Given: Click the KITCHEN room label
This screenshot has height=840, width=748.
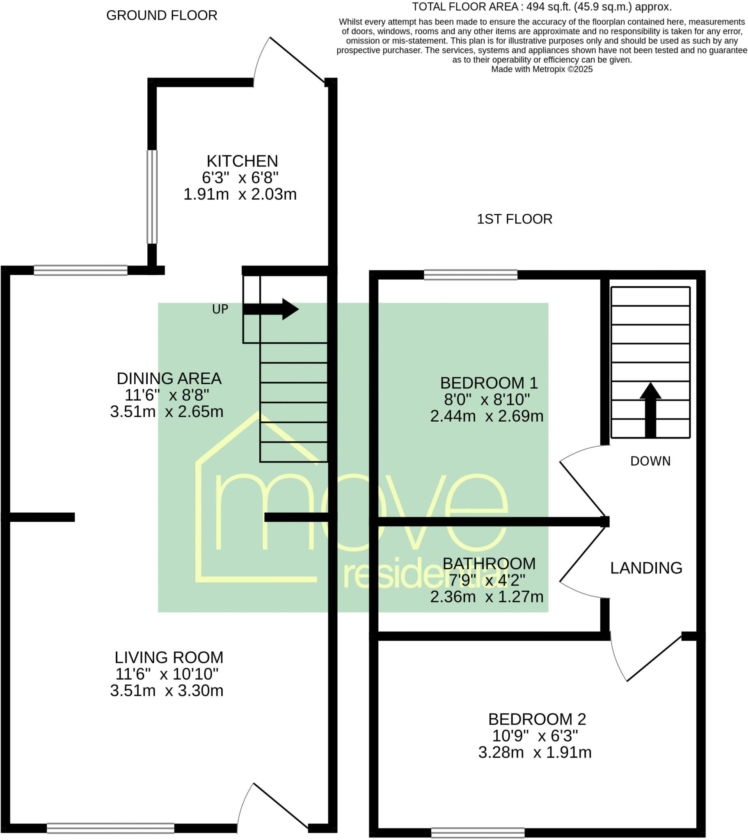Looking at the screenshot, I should (242, 161).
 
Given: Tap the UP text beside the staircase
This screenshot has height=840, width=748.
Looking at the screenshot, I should (220, 309).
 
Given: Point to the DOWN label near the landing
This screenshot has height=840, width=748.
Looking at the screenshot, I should (650, 461).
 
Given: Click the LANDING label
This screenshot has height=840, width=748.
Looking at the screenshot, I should (646, 568).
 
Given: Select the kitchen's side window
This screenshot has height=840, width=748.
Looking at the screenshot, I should (152, 196).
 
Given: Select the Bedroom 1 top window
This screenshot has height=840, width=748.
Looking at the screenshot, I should (471, 274).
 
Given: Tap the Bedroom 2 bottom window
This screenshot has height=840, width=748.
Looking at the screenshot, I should (478, 833).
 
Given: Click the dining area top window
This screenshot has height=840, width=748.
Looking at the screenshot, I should (80, 270).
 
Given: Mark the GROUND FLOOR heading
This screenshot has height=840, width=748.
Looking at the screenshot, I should (162, 16).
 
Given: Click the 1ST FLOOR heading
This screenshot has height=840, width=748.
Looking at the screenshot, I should (515, 219).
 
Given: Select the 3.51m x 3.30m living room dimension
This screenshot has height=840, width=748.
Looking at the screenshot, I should (167, 690).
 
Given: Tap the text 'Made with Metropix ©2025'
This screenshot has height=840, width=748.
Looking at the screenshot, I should (542, 69).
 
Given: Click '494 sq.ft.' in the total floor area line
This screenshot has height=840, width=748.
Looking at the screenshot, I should (548, 7).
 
